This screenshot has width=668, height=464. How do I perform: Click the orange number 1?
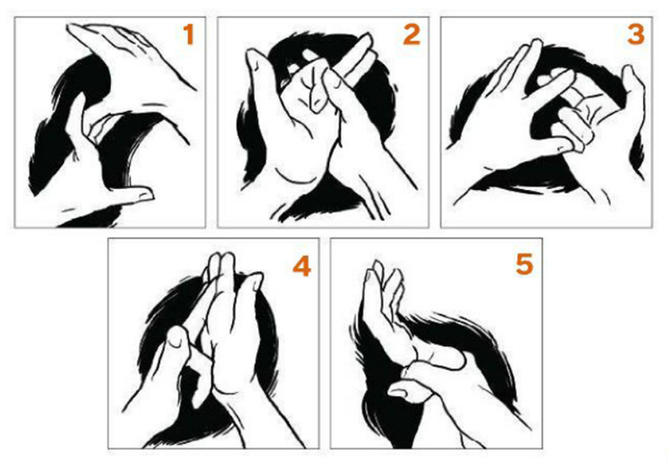point(189,34)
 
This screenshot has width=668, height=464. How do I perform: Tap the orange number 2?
point(412,34)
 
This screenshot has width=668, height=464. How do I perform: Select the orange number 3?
point(636,34)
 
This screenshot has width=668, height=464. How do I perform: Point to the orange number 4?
point(302,266)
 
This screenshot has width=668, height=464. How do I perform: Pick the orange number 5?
point(524,264)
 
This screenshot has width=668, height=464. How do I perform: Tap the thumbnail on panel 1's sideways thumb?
point(145,195)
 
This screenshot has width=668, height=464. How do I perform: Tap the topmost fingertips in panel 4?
point(223,261)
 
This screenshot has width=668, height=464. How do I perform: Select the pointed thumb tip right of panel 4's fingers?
point(255,280)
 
